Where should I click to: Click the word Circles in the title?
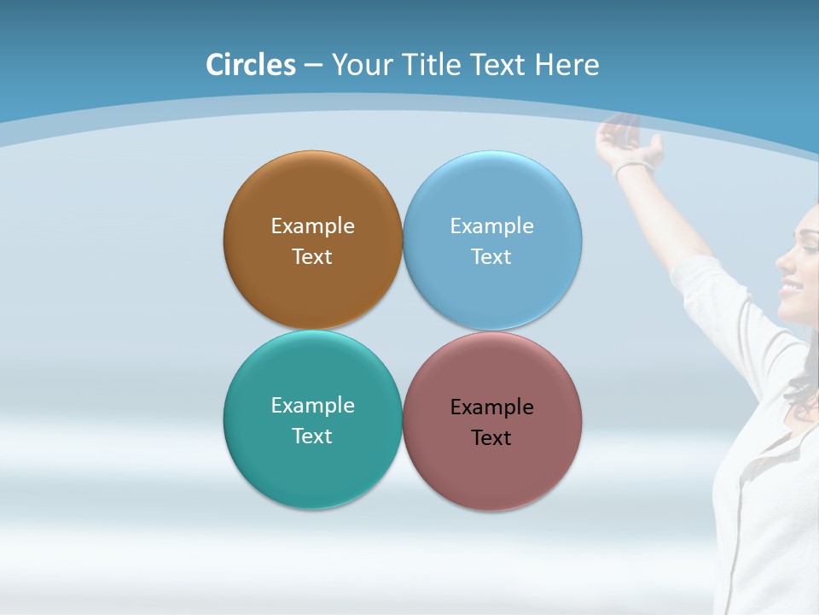point(251,65)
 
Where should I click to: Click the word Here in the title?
point(566,65)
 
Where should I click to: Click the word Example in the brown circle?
point(312,226)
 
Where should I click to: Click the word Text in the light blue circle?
point(491,257)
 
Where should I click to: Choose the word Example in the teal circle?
point(312,406)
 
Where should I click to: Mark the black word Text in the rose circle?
point(491,438)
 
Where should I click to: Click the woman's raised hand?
point(627,137)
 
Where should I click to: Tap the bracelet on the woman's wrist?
point(632,166)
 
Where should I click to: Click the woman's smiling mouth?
point(789,289)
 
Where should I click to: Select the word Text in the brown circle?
point(312,257)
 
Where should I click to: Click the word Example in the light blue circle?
point(491,226)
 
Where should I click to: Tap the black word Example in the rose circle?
point(491,407)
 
